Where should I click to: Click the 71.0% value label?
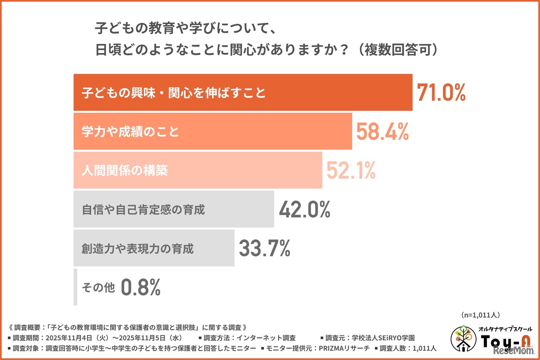click(x=441, y=92)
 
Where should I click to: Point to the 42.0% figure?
click(x=304, y=209)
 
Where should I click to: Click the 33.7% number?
click(x=265, y=248)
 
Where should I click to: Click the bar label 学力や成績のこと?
click(x=130, y=132)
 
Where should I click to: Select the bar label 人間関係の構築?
click(x=125, y=171)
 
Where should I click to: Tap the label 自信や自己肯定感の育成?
click(x=143, y=210)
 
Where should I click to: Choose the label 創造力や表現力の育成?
click(x=138, y=249)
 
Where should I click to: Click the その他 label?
click(x=98, y=288)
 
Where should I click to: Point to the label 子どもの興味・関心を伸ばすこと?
click(x=174, y=92)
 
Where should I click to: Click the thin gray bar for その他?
click(x=75, y=287)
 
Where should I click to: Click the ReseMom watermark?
click(x=513, y=352)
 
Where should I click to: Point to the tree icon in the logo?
click(x=463, y=338)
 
